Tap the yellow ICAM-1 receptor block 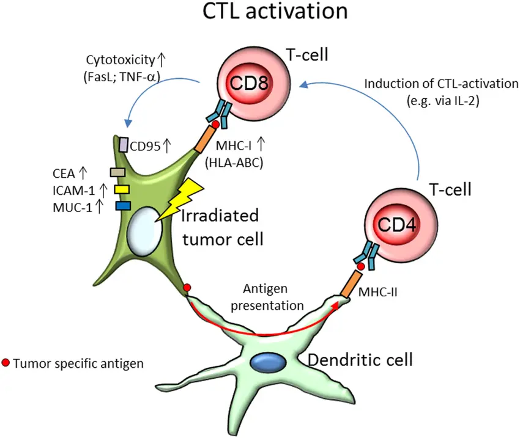click(120, 189)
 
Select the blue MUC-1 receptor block click(122, 205)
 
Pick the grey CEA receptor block click(117, 173)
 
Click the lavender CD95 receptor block click(123, 144)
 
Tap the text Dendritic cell click(360, 359)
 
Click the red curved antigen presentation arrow click(263, 332)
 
